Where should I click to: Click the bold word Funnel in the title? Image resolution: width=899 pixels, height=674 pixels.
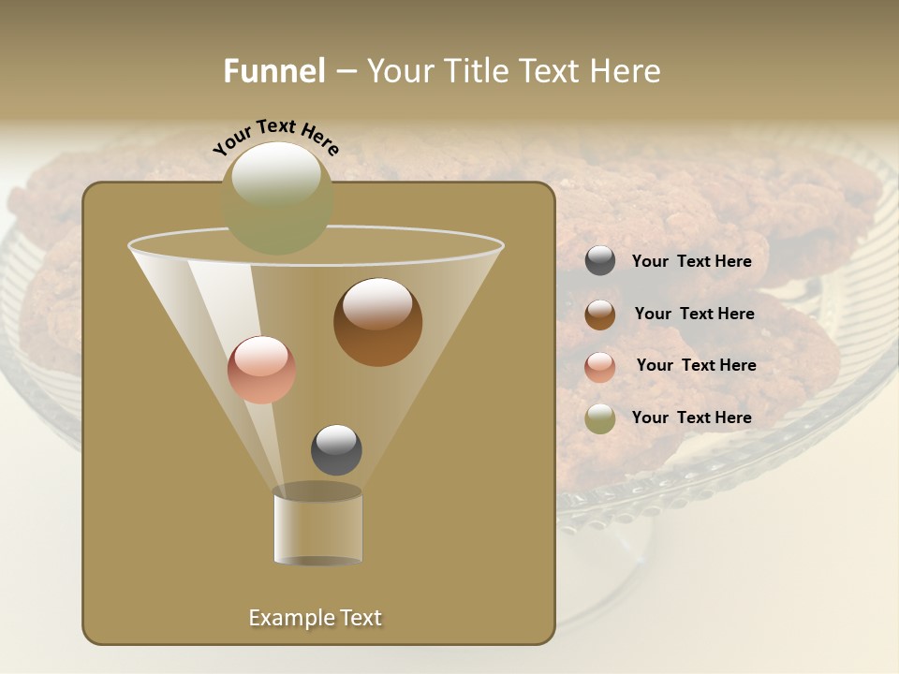(x=273, y=71)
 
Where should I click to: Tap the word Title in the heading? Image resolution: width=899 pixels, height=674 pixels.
(x=476, y=71)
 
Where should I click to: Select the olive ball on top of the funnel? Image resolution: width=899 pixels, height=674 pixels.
(x=277, y=198)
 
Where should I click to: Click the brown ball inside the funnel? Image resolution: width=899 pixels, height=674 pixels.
(x=377, y=322)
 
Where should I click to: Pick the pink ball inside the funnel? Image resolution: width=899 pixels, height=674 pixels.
(x=261, y=370)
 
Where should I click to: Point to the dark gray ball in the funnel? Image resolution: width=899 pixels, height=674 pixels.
(x=336, y=450)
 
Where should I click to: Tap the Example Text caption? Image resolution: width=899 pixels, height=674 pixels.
(x=315, y=618)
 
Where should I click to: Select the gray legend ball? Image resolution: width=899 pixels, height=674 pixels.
(x=600, y=261)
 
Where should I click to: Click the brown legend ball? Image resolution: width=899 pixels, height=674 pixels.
(x=600, y=315)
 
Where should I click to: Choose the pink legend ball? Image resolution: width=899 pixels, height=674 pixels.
(x=600, y=367)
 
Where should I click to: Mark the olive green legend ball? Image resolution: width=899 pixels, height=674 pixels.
(x=600, y=418)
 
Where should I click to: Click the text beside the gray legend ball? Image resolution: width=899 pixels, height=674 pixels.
(x=691, y=262)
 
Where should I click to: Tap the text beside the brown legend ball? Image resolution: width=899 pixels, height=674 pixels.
(x=694, y=315)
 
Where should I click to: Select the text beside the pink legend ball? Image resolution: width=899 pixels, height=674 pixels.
(x=696, y=366)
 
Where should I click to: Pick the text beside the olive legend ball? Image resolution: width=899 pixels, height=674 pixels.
(x=691, y=418)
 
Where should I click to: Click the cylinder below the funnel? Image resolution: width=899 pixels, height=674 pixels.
(x=317, y=527)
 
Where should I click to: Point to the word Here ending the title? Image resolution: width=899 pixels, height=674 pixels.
(x=626, y=71)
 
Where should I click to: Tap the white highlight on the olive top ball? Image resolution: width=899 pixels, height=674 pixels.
(x=275, y=174)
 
